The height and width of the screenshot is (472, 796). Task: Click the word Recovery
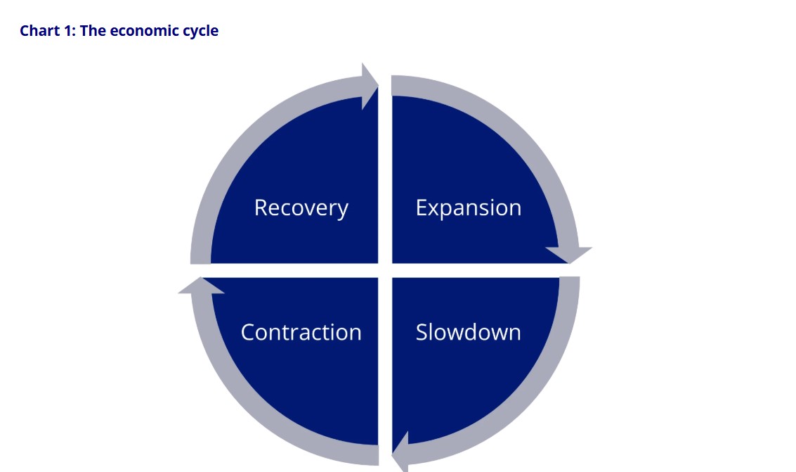(x=301, y=208)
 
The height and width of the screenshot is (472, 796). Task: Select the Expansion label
(x=468, y=208)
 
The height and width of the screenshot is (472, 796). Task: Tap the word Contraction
(x=301, y=332)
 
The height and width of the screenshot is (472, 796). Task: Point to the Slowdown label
(x=468, y=332)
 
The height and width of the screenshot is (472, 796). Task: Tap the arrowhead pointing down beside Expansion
(x=569, y=253)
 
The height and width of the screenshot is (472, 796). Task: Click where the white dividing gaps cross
(x=385, y=270)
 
